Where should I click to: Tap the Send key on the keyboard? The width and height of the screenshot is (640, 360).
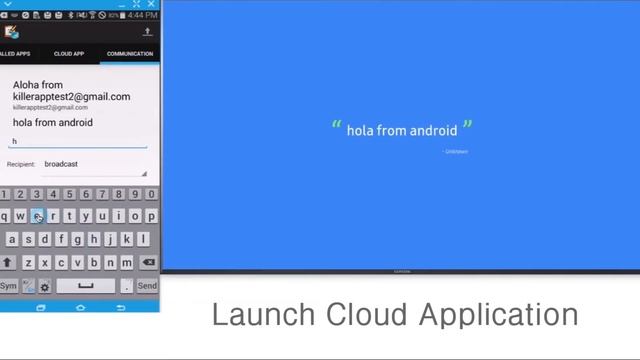coord(147,285)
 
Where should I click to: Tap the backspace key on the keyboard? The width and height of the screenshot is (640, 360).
coord(149,262)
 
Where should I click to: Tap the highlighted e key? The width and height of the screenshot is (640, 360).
coord(37,216)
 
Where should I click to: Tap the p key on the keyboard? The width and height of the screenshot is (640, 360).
coord(151,216)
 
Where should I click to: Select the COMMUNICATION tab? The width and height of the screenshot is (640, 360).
coord(130,53)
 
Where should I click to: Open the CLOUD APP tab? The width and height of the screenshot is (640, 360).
coord(69,53)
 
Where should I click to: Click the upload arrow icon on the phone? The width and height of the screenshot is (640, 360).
coord(148,32)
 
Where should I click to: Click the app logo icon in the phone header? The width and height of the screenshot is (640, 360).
coord(12,32)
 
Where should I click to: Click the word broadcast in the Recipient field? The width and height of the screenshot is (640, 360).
coord(61,164)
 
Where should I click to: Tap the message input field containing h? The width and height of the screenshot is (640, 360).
coord(78,142)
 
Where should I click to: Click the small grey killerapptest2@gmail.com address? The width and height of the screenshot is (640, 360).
coord(50,107)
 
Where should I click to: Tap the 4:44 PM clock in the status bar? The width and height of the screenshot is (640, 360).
coord(142,16)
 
